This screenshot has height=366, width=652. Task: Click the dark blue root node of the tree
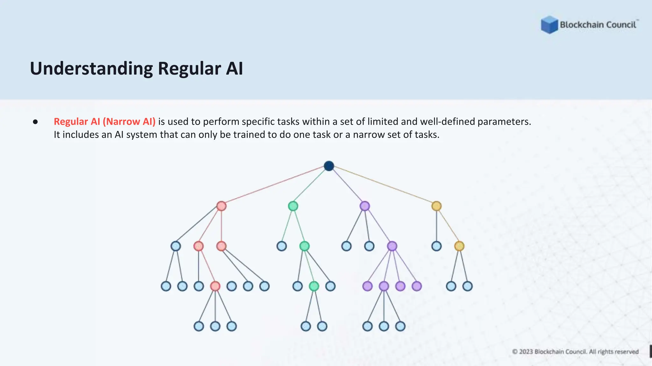click(329, 166)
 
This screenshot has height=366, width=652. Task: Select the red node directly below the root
click(221, 206)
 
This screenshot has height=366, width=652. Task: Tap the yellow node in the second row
click(436, 206)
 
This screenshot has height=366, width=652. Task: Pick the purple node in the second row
click(365, 206)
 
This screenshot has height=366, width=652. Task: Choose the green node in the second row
click(293, 206)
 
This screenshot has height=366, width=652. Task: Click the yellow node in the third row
click(459, 246)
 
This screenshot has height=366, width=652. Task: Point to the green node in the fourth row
click(314, 286)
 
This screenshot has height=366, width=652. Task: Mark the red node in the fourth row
click(215, 286)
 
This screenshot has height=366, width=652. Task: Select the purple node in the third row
click(392, 246)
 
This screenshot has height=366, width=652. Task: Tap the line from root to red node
click(274, 186)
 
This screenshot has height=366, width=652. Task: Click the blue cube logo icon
click(549, 25)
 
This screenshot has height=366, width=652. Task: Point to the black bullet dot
click(35, 122)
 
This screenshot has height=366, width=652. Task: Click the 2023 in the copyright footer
click(526, 352)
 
